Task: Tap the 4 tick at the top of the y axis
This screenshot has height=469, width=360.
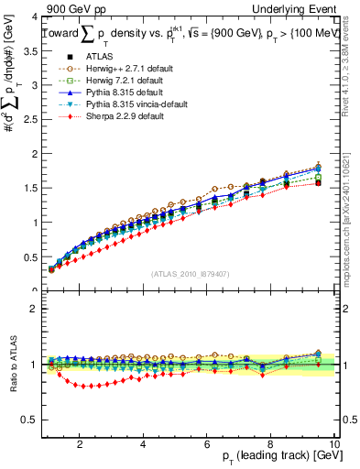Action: tap(33, 17)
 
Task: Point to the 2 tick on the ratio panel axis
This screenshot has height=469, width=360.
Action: tap(33, 309)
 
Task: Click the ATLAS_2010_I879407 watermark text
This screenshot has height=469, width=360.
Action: tap(190, 273)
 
